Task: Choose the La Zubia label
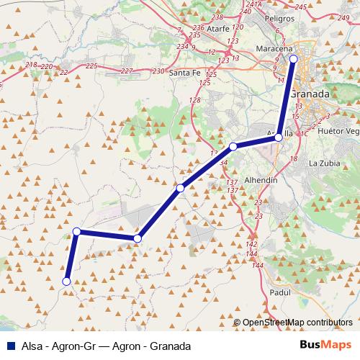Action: coord(324,163)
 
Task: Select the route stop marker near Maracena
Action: coord(293,58)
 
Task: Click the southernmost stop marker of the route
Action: coord(66,282)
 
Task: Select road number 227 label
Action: coord(127,71)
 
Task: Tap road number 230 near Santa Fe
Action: coord(158,71)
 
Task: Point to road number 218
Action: coord(30,65)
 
